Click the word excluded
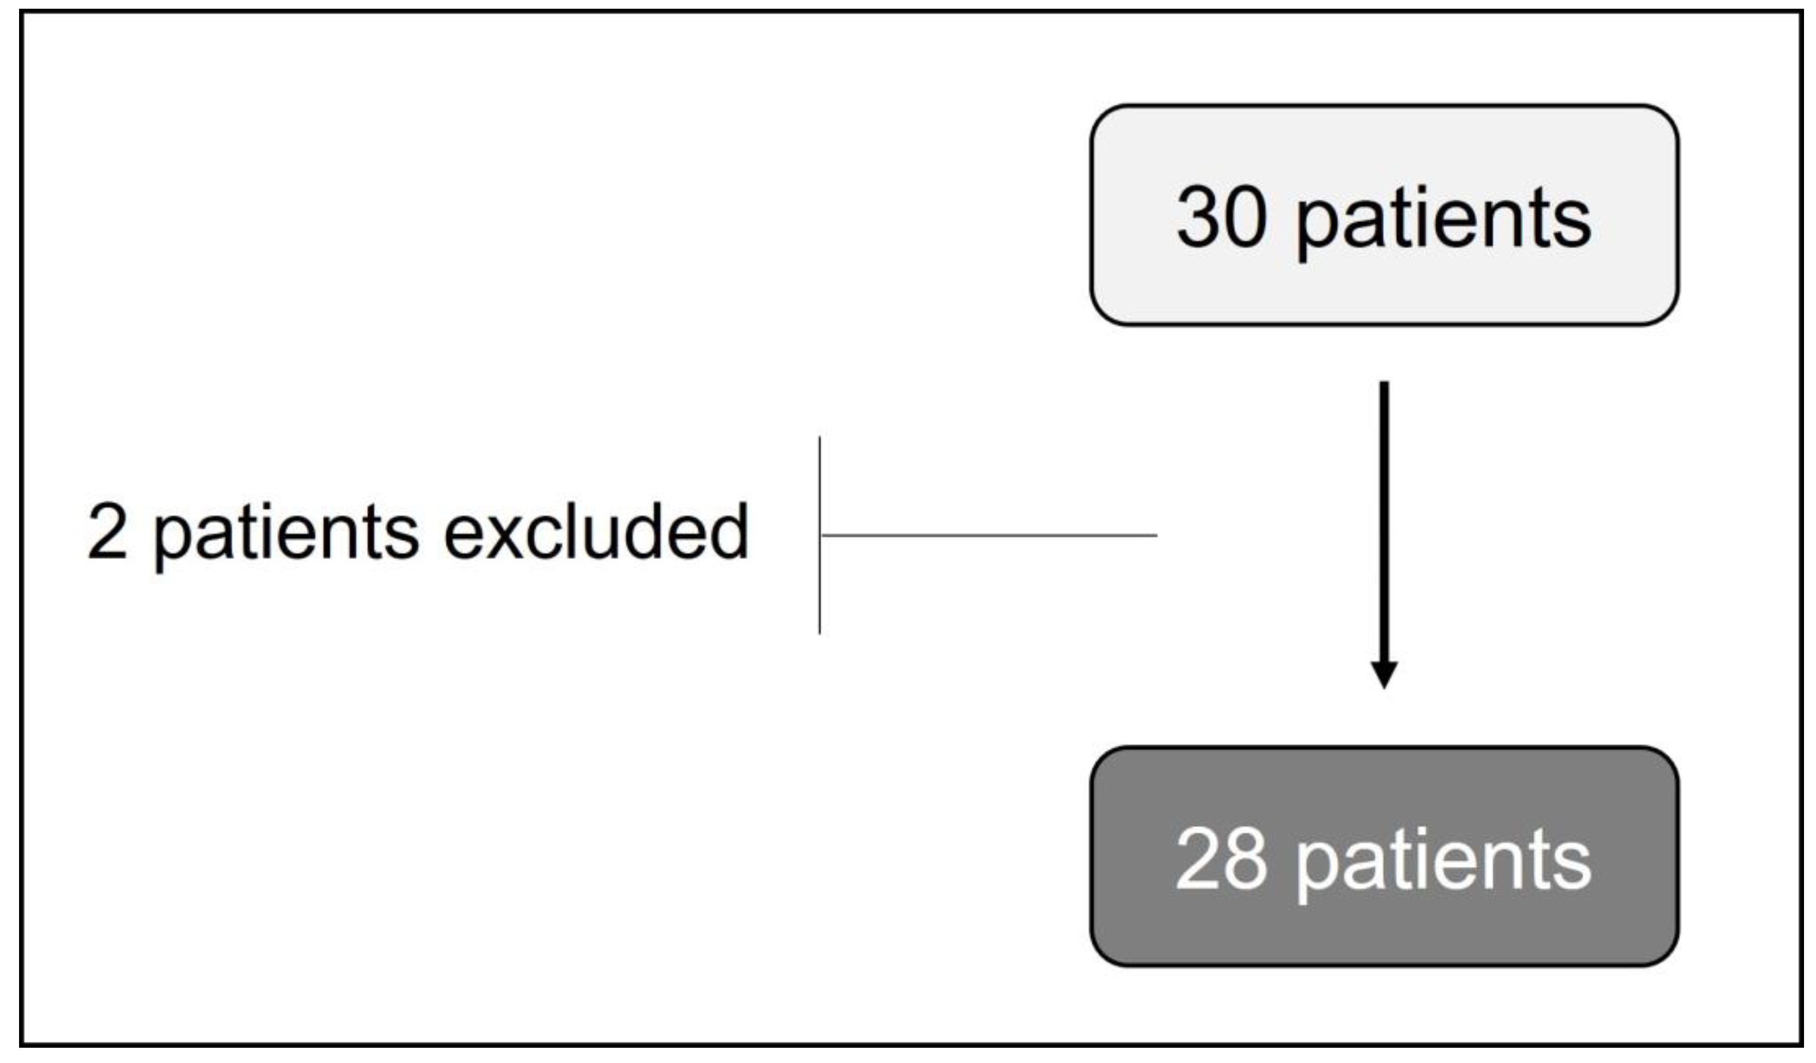click(x=596, y=532)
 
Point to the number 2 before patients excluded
click(x=107, y=532)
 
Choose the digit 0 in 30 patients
click(x=1245, y=217)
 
